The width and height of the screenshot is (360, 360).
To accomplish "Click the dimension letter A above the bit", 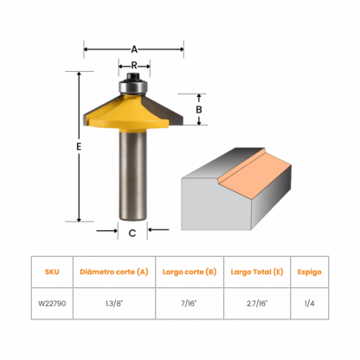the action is [x=134, y=49].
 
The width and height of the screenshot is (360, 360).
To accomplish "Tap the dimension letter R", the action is [x=134, y=66].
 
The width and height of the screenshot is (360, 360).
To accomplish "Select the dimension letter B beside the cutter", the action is [x=199, y=110].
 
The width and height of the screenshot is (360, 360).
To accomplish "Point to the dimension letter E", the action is [x=79, y=147].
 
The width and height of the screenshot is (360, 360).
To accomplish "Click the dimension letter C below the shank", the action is [x=132, y=233].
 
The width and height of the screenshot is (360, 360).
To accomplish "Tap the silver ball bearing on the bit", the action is [x=133, y=87].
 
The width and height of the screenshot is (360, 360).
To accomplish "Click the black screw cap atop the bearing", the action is [x=133, y=76].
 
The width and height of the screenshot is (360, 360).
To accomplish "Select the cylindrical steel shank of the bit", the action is [x=133, y=175].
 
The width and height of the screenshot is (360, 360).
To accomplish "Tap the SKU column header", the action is [x=52, y=272].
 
